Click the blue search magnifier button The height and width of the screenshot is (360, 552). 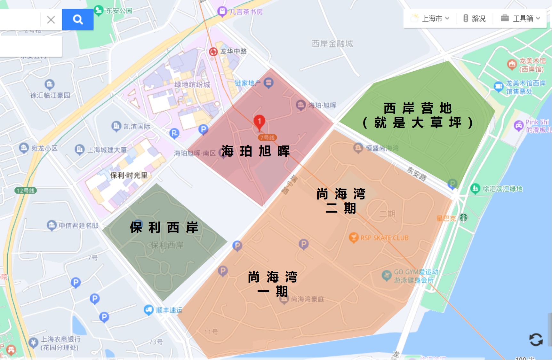pyautogui.click(x=77, y=20)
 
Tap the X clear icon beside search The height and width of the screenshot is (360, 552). pyautogui.click(x=51, y=20)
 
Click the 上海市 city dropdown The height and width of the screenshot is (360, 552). pyautogui.click(x=435, y=19)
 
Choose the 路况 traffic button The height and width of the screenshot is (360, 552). pyautogui.click(x=475, y=19)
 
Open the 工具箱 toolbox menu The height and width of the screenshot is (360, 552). pyautogui.click(x=521, y=19)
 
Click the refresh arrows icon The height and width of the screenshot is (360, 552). pyautogui.click(x=536, y=340)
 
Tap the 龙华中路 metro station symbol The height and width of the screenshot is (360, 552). pyautogui.click(x=213, y=51)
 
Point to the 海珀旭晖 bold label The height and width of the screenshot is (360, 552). pyautogui.click(x=255, y=151)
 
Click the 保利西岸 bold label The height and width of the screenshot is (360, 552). pyautogui.click(x=164, y=228)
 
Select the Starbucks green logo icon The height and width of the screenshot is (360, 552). pyautogui.click(x=464, y=218)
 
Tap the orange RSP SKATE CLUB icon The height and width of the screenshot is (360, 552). pyautogui.click(x=353, y=238)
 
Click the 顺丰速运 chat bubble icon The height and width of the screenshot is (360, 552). pyautogui.click(x=148, y=310)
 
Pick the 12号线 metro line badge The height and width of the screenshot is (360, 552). pyautogui.click(x=26, y=191)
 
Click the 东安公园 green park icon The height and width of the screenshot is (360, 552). pyautogui.click(x=99, y=10)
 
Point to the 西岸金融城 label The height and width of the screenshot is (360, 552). pyautogui.click(x=332, y=43)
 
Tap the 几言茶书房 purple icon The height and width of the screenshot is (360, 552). pyautogui.click(x=222, y=12)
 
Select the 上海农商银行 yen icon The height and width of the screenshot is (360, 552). pyautogui.click(x=33, y=343)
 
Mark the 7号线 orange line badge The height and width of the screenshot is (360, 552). pyautogui.click(x=267, y=138)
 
